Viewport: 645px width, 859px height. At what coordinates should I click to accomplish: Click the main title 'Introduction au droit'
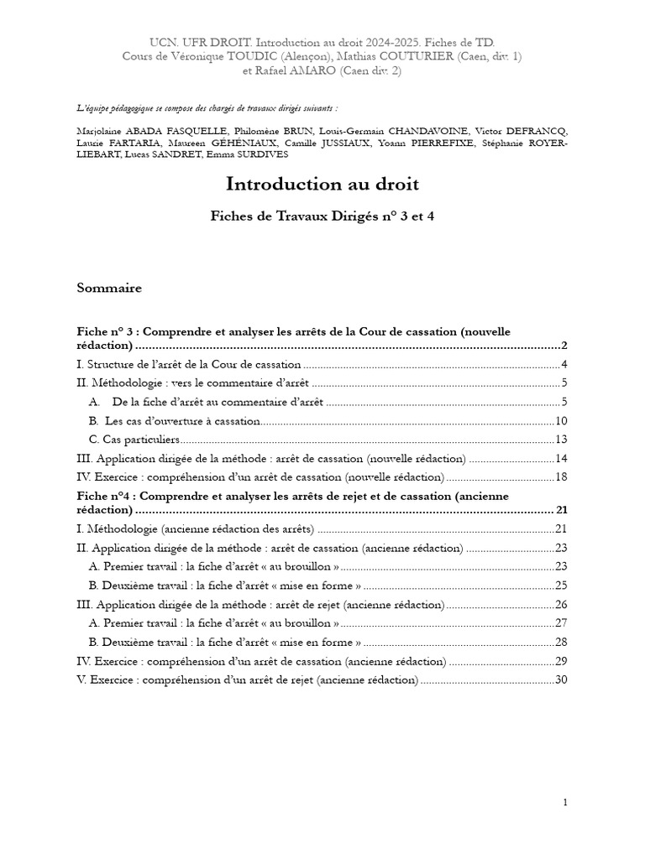(x=322, y=184)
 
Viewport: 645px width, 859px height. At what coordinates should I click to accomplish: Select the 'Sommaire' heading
(x=109, y=289)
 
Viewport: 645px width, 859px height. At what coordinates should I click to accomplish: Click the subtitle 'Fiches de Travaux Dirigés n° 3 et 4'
(x=322, y=216)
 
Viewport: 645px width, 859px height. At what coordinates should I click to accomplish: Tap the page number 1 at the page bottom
(x=565, y=803)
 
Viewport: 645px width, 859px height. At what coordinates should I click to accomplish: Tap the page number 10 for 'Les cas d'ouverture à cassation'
(x=562, y=421)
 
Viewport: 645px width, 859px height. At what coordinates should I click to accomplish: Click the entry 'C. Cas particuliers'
(x=134, y=440)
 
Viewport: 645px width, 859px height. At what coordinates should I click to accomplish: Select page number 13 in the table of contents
(x=562, y=440)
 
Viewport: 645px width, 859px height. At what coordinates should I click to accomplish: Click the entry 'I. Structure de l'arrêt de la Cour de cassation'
(x=188, y=364)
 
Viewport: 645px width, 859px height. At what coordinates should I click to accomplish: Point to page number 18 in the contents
(x=562, y=476)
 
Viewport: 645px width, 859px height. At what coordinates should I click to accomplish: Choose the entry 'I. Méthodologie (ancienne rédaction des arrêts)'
(x=196, y=528)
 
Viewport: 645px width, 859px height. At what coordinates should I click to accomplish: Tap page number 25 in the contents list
(x=562, y=586)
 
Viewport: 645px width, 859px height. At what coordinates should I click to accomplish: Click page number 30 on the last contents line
(x=562, y=679)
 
